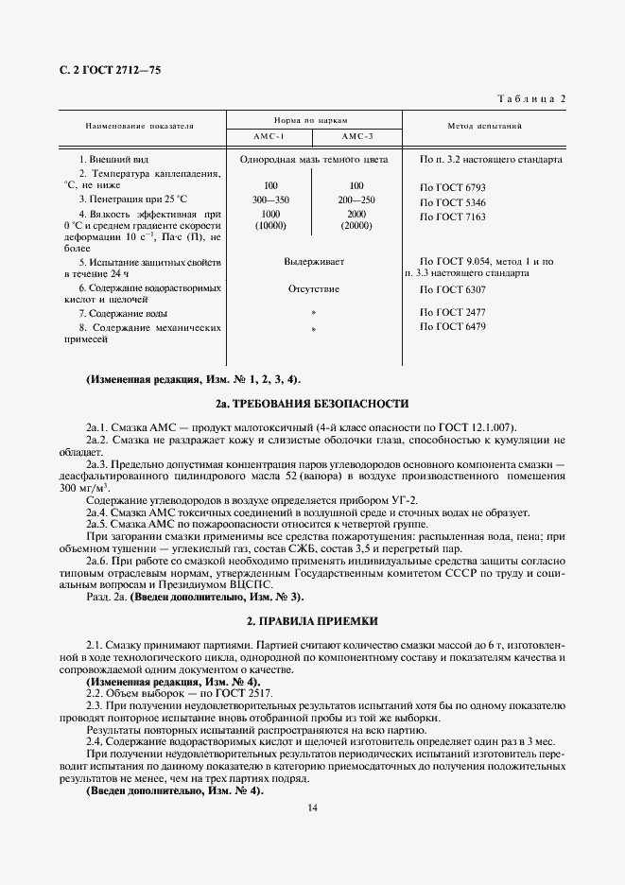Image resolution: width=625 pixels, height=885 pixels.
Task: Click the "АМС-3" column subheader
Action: pyautogui.click(x=356, y=137)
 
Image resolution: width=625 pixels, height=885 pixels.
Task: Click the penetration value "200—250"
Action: pyautogui.click(x=356, y=201)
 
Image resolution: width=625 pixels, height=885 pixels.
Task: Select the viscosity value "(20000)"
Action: pyautogui.click(x=356, y=227)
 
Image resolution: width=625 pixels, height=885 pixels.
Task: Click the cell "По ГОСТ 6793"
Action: pyautogui.click(x=452, y=187)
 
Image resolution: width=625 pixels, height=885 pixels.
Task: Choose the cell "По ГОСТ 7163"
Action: pyautogui.click(x=452, y=217)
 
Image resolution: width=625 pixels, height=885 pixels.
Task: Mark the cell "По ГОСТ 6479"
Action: pyautogui.click(x=452, y=327)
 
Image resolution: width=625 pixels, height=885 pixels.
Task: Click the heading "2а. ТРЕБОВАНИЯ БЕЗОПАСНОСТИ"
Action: pyautogui.click(x=312, y=404)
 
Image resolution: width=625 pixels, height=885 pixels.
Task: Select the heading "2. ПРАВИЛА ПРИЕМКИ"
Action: pyautogui.click(x=312, y=622)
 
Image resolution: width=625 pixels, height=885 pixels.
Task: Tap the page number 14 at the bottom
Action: pyautogui.click(x=312, y=808)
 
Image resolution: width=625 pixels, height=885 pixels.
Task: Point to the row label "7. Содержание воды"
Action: pyautogui.click(x=124, y=313)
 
